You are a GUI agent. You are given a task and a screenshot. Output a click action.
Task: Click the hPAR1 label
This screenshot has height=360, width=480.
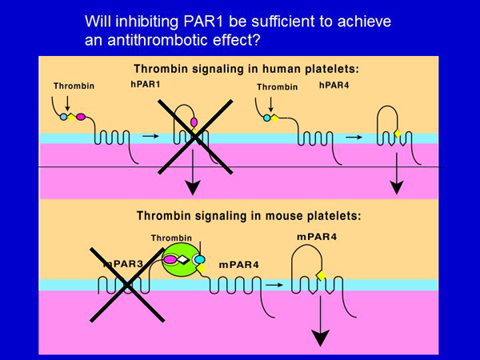(x=146, y=84)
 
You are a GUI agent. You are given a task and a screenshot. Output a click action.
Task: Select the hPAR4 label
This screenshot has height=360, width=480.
(x=334, y=85)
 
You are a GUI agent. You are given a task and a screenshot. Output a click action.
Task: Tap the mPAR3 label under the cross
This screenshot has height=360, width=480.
(x=123, y=264)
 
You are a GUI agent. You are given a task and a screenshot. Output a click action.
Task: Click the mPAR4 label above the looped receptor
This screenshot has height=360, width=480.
(x=317, y=237)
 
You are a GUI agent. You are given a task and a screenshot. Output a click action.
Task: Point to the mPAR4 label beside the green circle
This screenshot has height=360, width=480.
(x=238, y=265)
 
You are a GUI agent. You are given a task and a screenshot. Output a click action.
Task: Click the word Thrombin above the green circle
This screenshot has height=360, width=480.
(x=171, y=238)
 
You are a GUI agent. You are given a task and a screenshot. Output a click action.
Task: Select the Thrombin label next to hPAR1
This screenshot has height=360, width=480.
(x=74, y=86)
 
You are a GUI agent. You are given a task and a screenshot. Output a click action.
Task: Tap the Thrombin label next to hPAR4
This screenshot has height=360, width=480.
(x=278, y=87)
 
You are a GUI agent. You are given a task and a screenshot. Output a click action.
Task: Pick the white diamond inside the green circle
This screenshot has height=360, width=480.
(x=182, y=259)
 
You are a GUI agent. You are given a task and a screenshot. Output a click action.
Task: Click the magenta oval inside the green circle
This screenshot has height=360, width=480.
(x=170, y=259)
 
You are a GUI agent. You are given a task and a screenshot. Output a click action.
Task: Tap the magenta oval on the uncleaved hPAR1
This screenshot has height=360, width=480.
(x=81, y=117)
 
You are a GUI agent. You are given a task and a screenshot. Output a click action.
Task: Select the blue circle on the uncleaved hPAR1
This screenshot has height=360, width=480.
(x=63, y=117)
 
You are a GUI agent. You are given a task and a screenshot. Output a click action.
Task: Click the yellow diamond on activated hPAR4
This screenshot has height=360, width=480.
(x=398, y=134)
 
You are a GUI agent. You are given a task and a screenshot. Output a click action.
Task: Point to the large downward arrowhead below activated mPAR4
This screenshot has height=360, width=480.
(x=320, y=338)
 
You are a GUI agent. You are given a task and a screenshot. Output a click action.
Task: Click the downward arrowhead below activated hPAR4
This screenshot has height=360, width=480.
(x=397, y=188)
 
